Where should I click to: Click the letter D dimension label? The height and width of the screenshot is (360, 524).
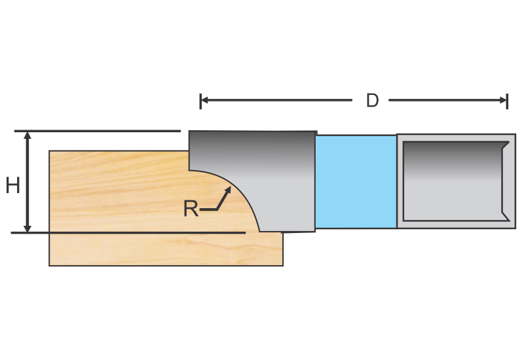pos(372,101)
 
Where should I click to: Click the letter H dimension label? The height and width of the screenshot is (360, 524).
pos(12,186)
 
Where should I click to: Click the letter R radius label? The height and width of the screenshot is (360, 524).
pos(191,209)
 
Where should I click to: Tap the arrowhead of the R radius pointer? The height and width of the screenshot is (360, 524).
pos(229,189)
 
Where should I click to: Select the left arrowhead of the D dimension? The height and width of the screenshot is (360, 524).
pos(203,100)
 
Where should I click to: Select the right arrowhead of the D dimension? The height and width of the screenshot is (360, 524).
pos(504,100)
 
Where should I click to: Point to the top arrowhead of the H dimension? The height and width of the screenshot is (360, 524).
pos(28,135)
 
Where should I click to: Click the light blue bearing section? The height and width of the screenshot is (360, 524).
pos(356,181)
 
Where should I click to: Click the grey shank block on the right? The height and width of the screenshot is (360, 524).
pos(456,181)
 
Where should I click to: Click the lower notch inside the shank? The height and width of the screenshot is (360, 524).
pos(505,216)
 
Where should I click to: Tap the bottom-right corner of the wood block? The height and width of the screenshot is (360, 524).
pos(282,265)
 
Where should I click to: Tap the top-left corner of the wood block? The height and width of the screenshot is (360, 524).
pos(50,152)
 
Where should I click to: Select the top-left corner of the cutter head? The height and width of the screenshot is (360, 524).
pos(190,132)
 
